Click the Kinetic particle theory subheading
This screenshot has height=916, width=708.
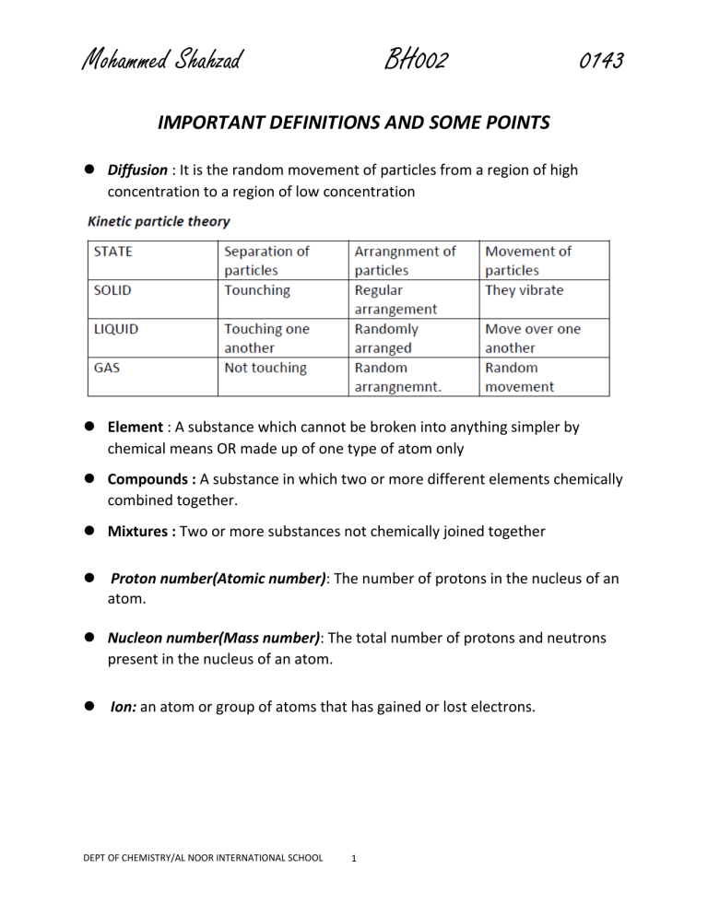159,221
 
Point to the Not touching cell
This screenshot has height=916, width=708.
266,367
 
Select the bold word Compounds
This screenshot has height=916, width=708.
152,480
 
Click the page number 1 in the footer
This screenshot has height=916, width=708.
356,858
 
